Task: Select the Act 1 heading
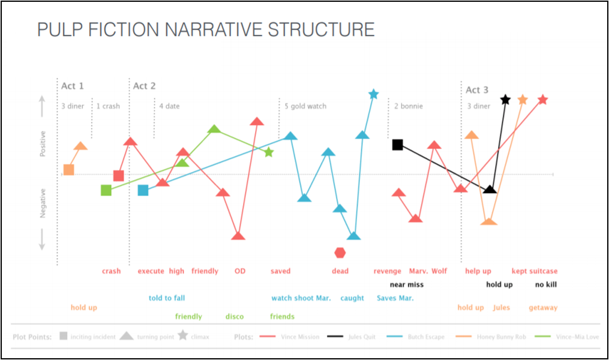click(x=73, y=86)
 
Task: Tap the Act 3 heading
click(x=477, y=89)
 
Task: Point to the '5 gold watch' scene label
click(x=305, y=106)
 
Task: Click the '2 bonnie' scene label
click(x=409, y=106)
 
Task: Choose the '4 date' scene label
click(x=169, y=106)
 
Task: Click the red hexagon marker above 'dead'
click(x=340, y=253)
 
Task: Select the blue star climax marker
click(x=373, y=94)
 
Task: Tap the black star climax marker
click(x=505, y=100)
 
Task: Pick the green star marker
click(x=269, y=152)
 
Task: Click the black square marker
click(x=397, y=145)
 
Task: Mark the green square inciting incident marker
click(x=106, y=191)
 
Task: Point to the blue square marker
click(x=143, y=190)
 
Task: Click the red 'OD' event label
click(x=240, y=271)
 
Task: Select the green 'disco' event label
click(x=235, y=317)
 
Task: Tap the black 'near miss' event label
click(x=407, y=284)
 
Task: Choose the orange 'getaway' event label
click(x=543, y=308)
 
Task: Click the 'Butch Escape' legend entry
click(x=424, y=337)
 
